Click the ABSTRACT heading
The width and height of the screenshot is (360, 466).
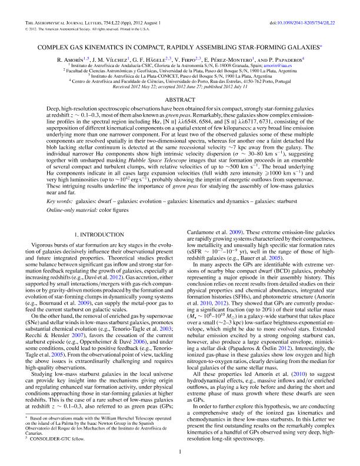tap(179, 101)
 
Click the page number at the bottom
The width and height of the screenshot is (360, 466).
tap(179, 452)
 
